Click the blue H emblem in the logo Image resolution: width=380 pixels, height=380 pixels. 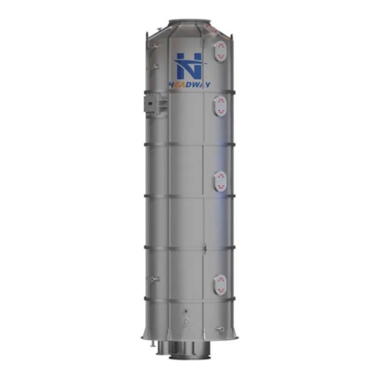[189, 66]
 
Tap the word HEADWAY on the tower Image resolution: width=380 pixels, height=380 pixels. [190, 85]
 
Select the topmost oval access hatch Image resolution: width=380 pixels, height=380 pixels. [220, 51]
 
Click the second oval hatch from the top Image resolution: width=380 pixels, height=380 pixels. [220, 105]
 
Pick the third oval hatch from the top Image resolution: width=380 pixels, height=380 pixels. [220, 181]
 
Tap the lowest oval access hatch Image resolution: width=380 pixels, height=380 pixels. [220, 285]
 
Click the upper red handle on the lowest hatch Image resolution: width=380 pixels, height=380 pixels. [220, 279]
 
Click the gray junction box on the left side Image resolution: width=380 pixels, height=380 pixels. [152, 103]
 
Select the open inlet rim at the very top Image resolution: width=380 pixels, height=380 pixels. [189, 21]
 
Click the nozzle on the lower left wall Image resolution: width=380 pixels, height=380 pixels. [153, 279]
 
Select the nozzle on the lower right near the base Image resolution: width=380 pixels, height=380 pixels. [219, 328]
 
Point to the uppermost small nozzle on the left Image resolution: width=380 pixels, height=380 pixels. [155, 46]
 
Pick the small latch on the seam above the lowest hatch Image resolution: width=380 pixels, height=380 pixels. [204, 247]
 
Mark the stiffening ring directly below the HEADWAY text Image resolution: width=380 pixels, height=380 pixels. [190, 92]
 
